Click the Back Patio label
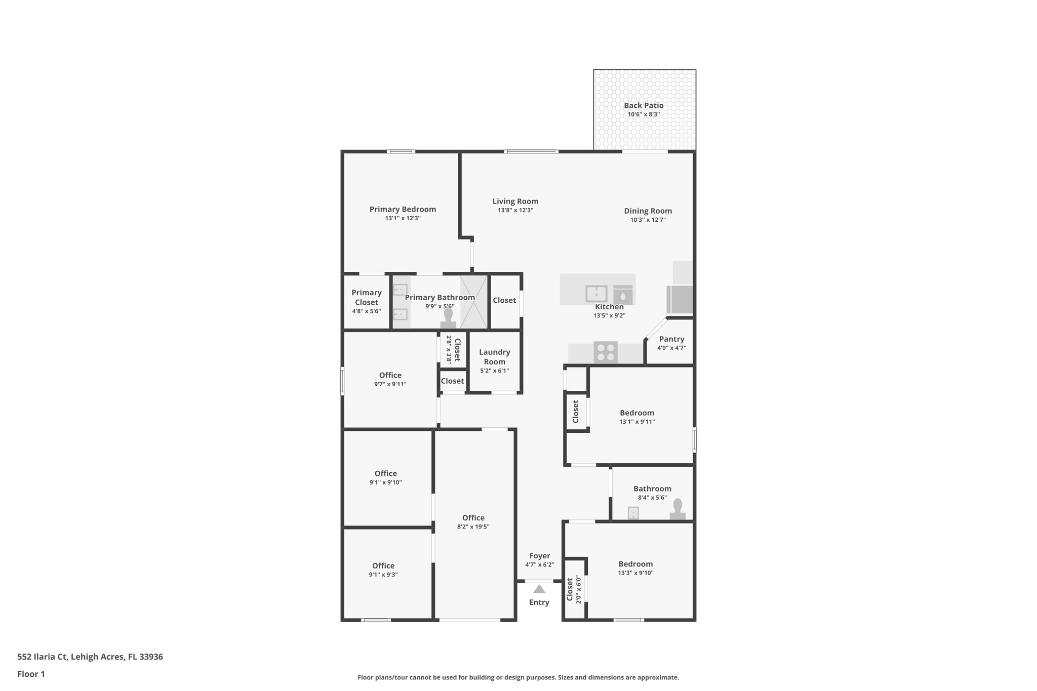point(643,106)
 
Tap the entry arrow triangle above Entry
point(539,589)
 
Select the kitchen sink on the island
point(596,294)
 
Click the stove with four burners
point(606,352)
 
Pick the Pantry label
point(671,339)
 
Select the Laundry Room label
point(494,357)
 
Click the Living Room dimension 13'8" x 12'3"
point(515,210)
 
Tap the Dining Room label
point(648,211)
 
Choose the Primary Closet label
point(366,298)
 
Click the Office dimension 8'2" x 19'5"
point(473,527)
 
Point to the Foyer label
point(539,556)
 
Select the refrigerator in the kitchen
point(680,299)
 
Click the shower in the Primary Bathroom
point(474,302)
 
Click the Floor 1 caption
point(31,674)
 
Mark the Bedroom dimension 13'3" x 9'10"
point(635,573)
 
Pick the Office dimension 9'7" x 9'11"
point(390,384)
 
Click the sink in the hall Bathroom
point(633,513)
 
